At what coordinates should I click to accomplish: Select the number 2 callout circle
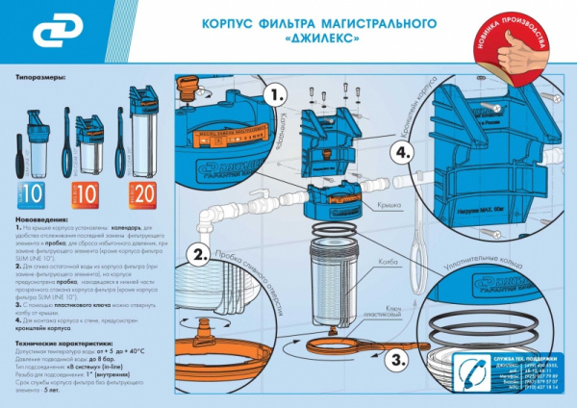pos(199,255)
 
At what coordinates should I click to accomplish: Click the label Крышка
pos(362,204)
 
